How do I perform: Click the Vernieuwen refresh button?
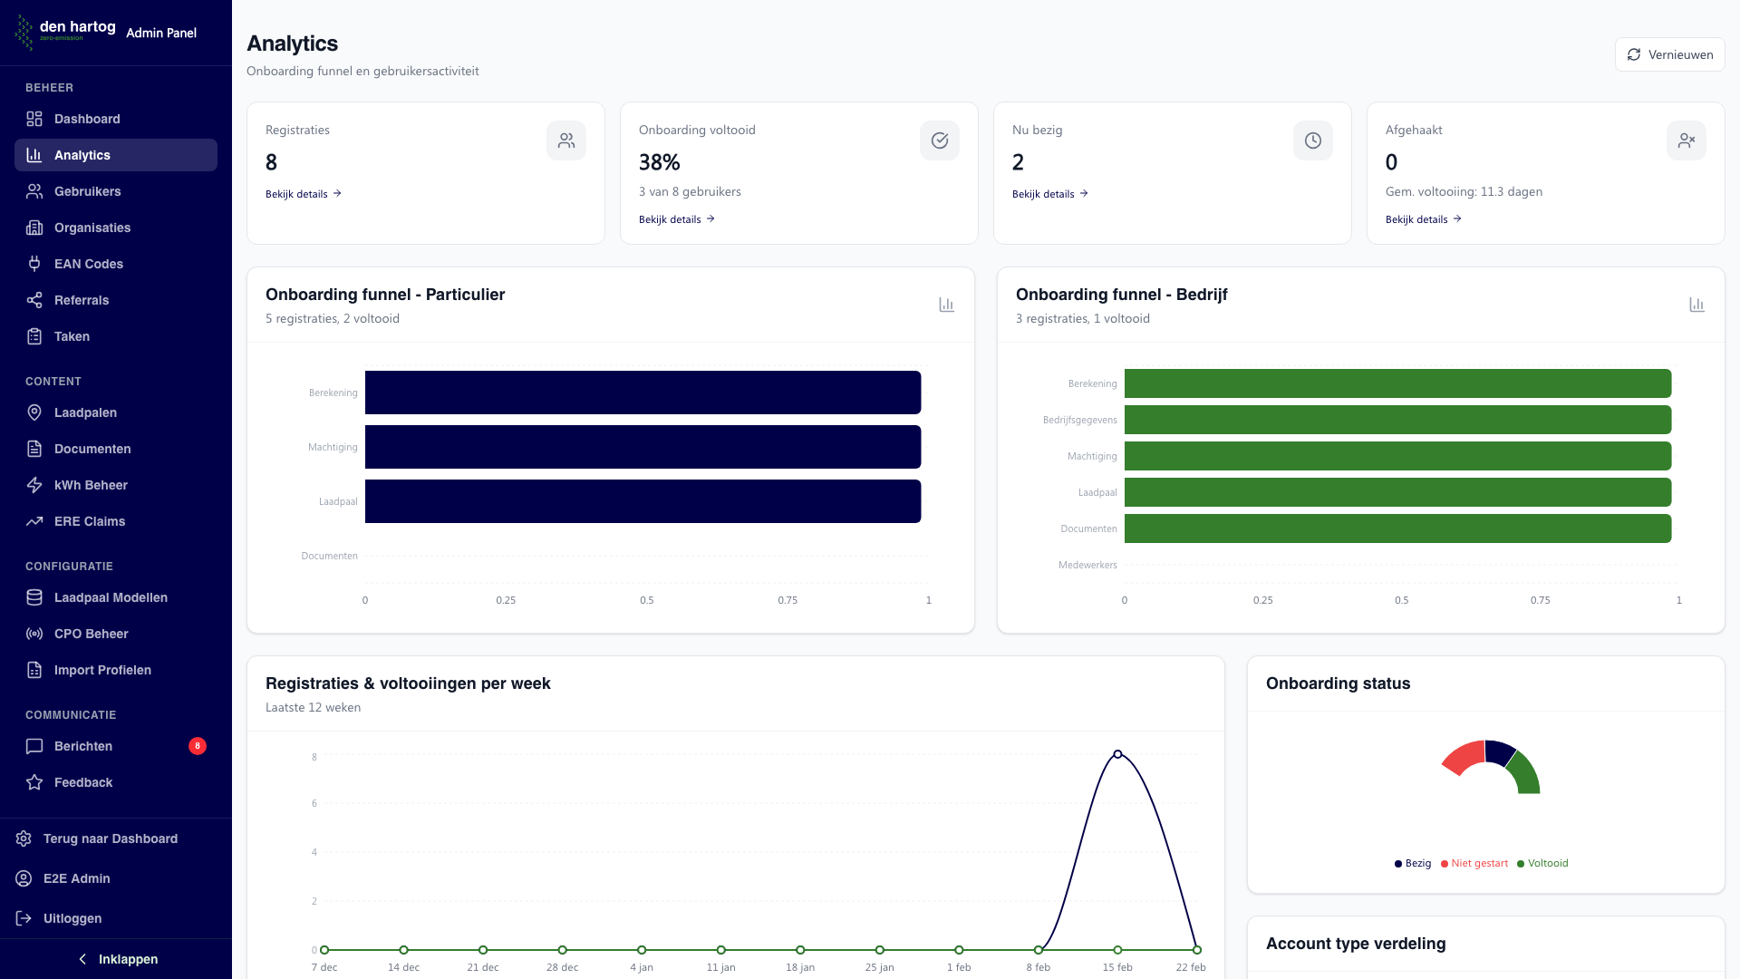pos(1669,54)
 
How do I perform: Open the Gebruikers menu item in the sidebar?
pos(87,191)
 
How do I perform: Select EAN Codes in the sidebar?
pos(88,264)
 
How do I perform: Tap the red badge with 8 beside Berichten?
pos(197,746)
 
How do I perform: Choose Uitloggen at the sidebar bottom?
pos(72,918)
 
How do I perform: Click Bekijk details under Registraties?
pos(303,194)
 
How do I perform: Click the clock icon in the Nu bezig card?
pos(1312,141)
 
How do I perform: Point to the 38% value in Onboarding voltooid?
pos(659,162)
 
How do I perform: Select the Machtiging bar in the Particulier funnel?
pos(643,447)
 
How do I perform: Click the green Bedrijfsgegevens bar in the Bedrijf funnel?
pos(1397,420)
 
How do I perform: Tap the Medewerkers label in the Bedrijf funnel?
pos(1087,565)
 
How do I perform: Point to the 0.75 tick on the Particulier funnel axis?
pos(788,600)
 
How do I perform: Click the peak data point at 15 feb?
pos(1117,754)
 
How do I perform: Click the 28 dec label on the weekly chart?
pos(562,967)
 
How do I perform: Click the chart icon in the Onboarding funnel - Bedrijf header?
pos(1696,305)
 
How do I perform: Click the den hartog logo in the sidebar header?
pos(65,31)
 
